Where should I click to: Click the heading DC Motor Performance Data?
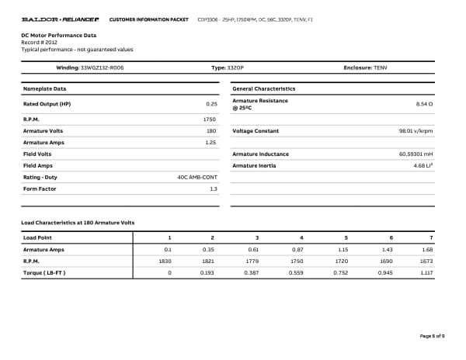(59, 36)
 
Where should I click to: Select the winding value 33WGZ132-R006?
(102, 68)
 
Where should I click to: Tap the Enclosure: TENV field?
(365, 68)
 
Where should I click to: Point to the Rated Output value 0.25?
(211, 103)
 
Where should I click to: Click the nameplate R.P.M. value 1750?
(209, 120)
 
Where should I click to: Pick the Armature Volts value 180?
(210, 131)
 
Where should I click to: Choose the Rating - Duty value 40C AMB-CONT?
(197, 178)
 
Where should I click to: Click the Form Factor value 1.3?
(213, 189)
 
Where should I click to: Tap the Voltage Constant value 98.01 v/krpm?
(416, 131)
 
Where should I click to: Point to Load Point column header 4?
(301, 237)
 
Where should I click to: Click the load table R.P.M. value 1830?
(165, 261)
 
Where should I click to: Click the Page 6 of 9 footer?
(432, 335)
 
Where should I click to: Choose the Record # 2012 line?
(40, 43)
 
